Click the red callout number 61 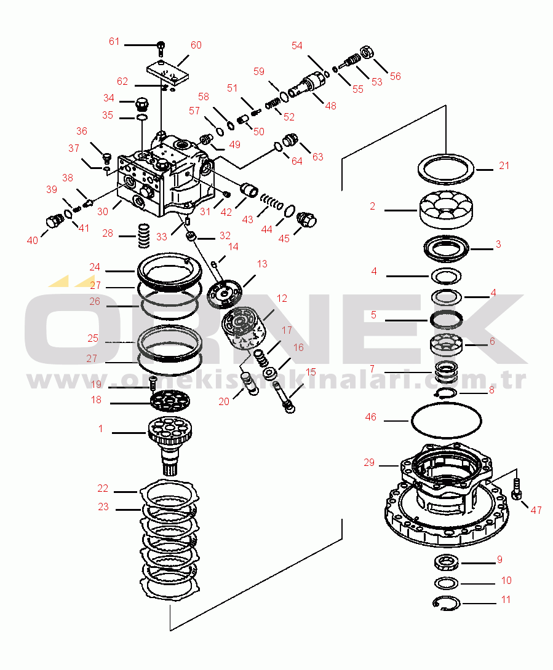(x=114, y=41)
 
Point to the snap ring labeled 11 (x=446, y=605)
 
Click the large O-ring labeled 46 (x=446, y=421)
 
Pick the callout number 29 (x=369, y=462)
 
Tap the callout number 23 (x=103, y=507)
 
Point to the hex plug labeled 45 (x=306, y=219)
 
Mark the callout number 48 (x=330, y=106)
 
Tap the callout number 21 (x=504, y=165)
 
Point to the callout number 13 (x=262, y=264)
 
